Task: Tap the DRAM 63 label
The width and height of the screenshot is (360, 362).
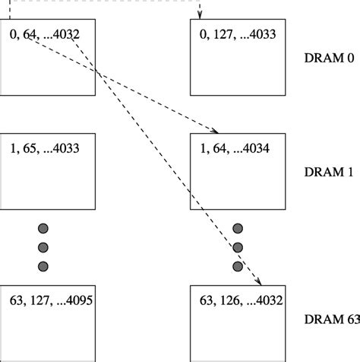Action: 331,320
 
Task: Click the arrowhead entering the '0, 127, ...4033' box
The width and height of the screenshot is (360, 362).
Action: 201,15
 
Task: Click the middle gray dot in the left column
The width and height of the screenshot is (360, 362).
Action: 43,246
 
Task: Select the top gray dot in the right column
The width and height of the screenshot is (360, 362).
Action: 237,228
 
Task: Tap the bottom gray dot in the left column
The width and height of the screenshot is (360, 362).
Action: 43,265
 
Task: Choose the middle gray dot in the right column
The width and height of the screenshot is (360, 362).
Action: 237,246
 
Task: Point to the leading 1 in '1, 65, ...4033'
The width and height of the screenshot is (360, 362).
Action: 14,147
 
